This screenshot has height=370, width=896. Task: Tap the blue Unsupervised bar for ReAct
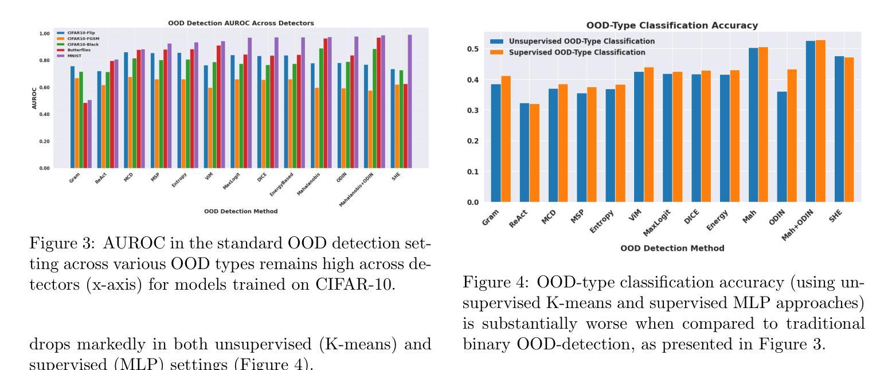tap(523, 153)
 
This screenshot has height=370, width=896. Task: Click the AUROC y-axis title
tap(34, 100)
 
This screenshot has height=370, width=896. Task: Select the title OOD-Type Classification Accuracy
tap(672, 26)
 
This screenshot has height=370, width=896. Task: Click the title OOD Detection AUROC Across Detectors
tap(241, 23)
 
